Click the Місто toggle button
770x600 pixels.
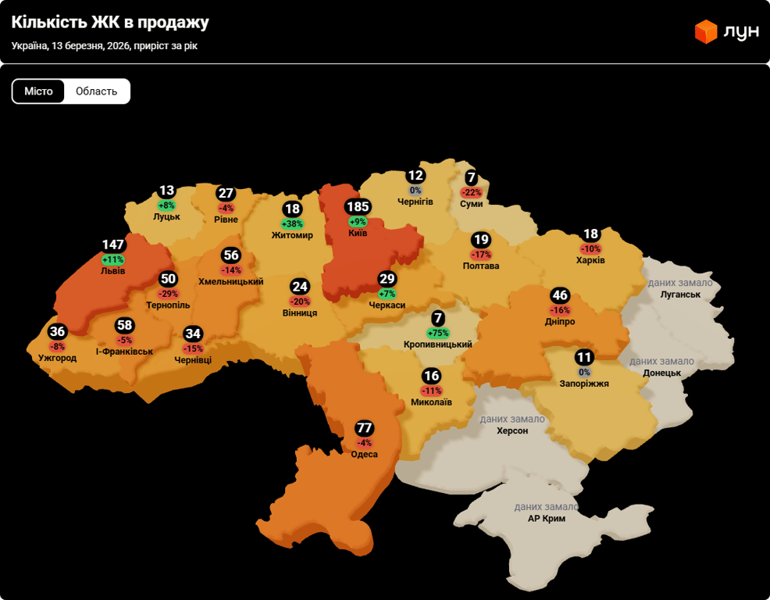38,91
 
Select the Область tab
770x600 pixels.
96,91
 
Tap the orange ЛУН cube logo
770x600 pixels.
706,31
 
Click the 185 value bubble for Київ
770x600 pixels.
358,207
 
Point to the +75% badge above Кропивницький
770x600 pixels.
438,333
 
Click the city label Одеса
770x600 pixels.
364,454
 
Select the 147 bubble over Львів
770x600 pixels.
113,245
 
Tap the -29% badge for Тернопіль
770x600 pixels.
168,294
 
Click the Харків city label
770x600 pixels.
590,260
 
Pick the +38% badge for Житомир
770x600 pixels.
292,224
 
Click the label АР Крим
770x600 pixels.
547,518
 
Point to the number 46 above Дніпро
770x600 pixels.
560,295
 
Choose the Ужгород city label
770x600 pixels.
58,358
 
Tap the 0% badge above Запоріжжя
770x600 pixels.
584,372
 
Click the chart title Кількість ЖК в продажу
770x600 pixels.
110,22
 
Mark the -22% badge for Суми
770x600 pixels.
472,192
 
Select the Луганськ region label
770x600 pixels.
680,295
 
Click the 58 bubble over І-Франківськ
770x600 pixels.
125,325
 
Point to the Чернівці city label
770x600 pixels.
193,360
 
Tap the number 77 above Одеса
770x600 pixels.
364,428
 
